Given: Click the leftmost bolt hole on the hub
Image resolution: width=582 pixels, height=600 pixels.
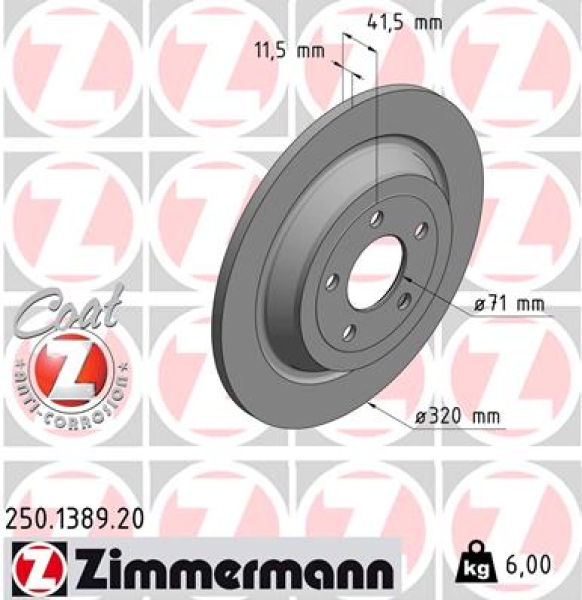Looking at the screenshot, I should pos(330,283).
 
